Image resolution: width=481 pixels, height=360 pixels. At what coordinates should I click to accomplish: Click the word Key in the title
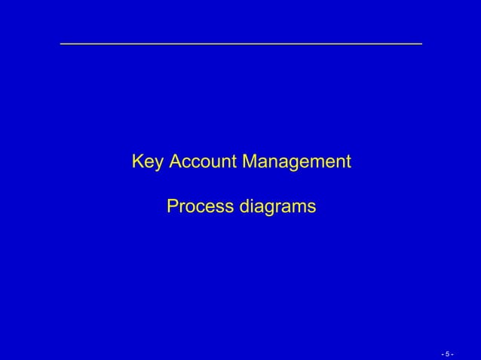[x=148, y=162]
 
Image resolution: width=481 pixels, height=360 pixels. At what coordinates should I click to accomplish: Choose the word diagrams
[x=277, y=206]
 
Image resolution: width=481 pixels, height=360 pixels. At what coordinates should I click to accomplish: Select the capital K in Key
[x=137, y=162]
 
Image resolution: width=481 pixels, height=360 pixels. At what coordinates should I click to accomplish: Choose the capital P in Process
[x=172, y=206]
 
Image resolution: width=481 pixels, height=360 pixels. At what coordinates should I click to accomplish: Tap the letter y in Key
[x=158, y=163]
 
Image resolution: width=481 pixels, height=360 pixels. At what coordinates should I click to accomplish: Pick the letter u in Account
[x=213, y=163]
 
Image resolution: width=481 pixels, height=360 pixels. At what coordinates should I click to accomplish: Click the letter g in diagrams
[x=268, y=207]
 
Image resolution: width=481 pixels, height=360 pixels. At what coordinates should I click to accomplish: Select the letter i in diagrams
[x=251, y=205]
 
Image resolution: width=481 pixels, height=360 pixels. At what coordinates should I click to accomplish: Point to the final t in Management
[x=348, y=162]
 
